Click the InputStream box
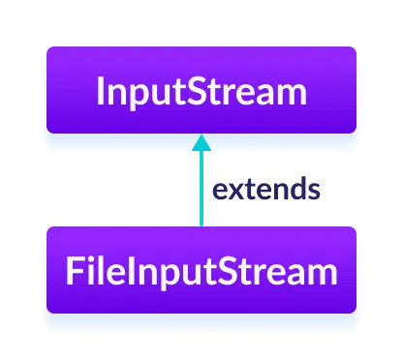coord(201,93)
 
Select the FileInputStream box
coord(201,271)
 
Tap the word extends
coord(266,189)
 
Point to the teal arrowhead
coord(201,142)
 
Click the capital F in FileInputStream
coord(74,272)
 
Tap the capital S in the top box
coord(202,94)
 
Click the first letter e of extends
coord(220,190)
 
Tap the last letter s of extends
coord(314,190)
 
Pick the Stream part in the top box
coord(250,94)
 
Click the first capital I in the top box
coord(101,94)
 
